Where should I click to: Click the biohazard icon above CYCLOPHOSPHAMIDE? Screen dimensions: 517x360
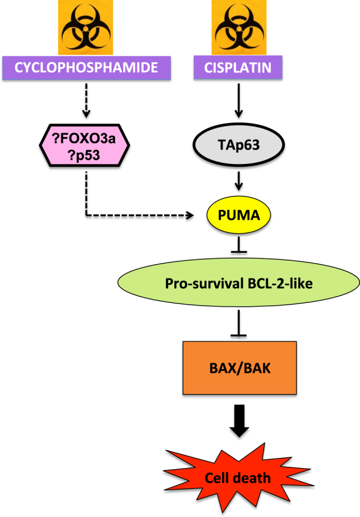point(85,27)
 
